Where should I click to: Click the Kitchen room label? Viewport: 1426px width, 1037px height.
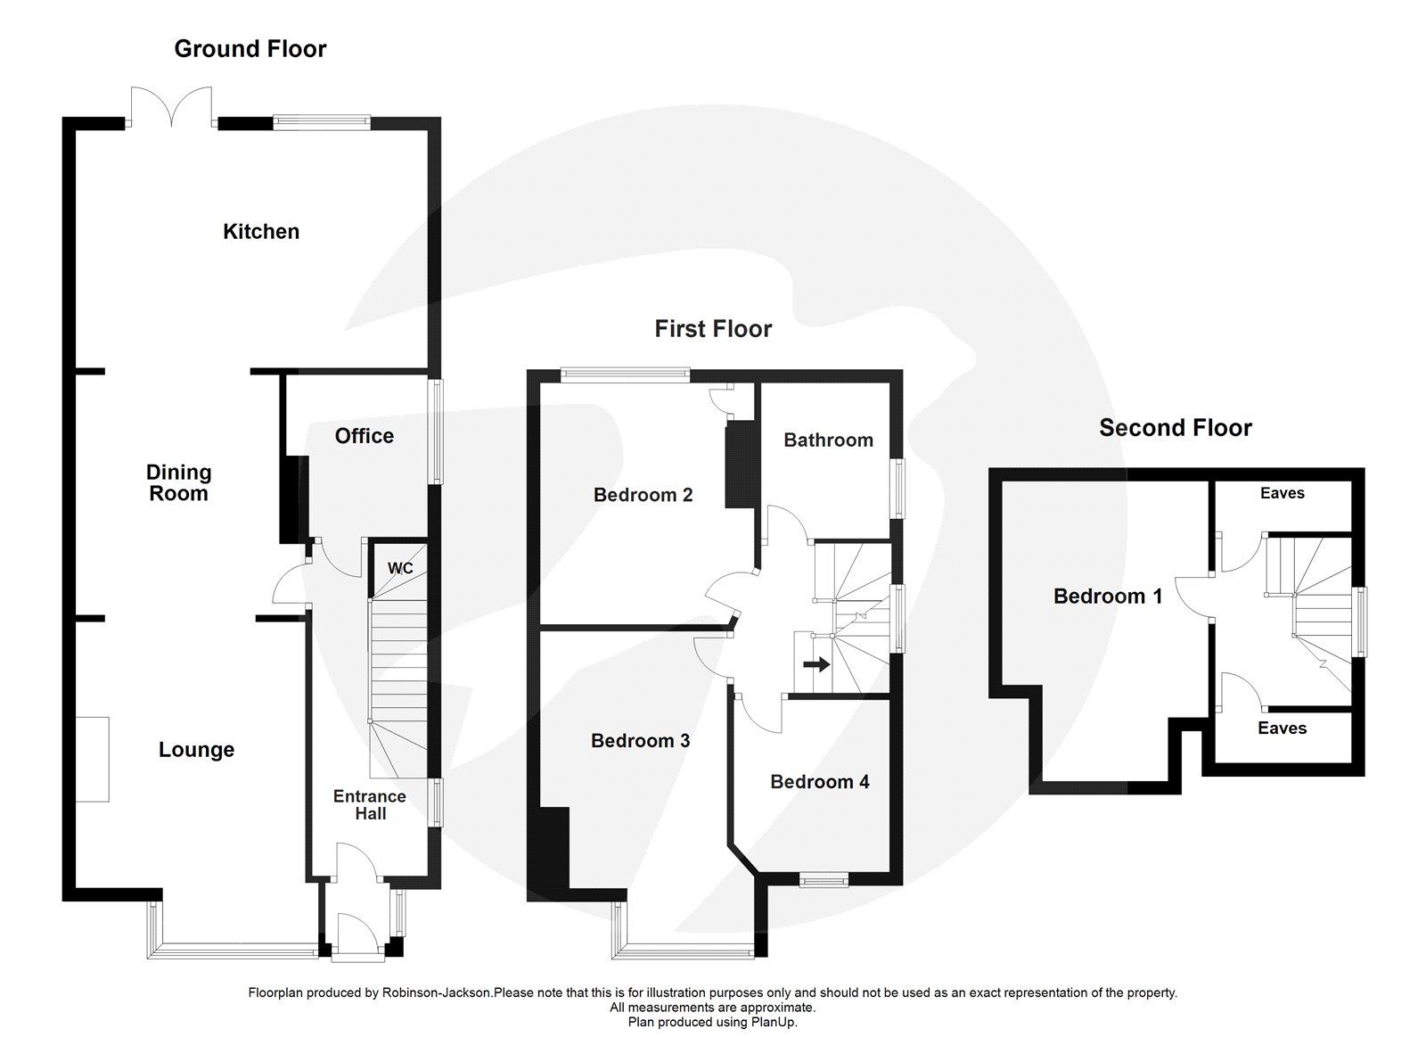(260, 232)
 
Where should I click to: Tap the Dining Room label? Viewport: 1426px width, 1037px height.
(179, 482)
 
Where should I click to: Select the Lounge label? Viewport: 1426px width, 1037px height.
(196, 750)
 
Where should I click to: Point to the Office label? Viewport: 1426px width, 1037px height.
(364, 436)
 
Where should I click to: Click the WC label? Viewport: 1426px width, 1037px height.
(400, 568)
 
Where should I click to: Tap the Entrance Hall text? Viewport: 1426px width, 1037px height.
(370, 804)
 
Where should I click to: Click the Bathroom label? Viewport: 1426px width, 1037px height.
(828, 440)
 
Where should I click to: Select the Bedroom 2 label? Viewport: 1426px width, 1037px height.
(643, 495)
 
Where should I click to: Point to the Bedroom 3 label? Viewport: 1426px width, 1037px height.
(640, 741)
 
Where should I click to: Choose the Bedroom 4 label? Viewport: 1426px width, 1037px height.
(819, 782)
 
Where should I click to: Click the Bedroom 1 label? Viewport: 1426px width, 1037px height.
(1108, 597)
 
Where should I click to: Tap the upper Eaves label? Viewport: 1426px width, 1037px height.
(1282, 493)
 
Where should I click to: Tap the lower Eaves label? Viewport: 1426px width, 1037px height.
(1282, 728)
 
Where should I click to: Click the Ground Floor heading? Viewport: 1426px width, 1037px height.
(250, 49)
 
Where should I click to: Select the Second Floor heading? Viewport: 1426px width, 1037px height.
(1175, 428)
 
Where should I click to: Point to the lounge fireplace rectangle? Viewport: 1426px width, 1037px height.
(93, 759)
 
